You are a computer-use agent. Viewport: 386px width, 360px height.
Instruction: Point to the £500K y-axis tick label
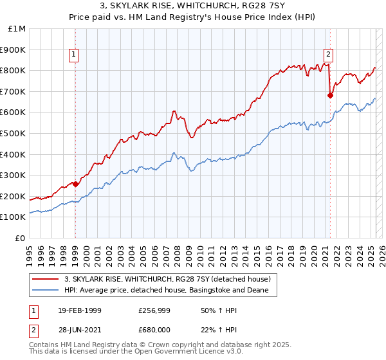click(14, 134)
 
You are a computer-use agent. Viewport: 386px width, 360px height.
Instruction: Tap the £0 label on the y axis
click(21, 239)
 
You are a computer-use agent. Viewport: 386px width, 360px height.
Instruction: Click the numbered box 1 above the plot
click(75, 55)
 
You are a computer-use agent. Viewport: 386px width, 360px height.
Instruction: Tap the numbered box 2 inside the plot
click(328, 55)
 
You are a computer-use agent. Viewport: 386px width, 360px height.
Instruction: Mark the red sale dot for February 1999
click(75, 184)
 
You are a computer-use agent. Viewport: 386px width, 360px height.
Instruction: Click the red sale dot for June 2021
click(330, 95)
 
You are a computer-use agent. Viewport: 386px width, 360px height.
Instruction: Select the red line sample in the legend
click(45, 279)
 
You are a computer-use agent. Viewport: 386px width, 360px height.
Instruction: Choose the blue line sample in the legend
click(45, 291)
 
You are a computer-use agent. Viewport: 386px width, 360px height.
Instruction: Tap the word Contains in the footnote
click(45, 345)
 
